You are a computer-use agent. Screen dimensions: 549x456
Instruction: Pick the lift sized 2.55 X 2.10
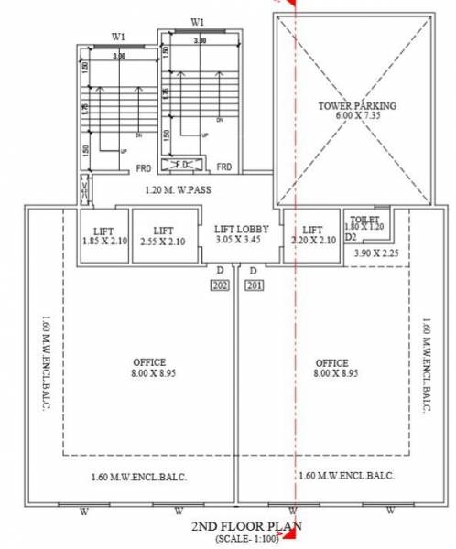coord(164,236)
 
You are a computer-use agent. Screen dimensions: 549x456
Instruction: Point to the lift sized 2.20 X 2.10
coord(313,236)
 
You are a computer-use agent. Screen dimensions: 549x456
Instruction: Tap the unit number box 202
coord(220,285)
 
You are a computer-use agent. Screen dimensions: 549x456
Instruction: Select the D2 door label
coord(349,236)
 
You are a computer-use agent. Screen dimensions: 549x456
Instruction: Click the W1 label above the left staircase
coord(119,37)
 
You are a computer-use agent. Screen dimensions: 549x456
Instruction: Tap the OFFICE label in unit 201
coord(329,367)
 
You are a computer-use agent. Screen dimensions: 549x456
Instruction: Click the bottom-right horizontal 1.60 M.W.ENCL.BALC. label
coord(346,476)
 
